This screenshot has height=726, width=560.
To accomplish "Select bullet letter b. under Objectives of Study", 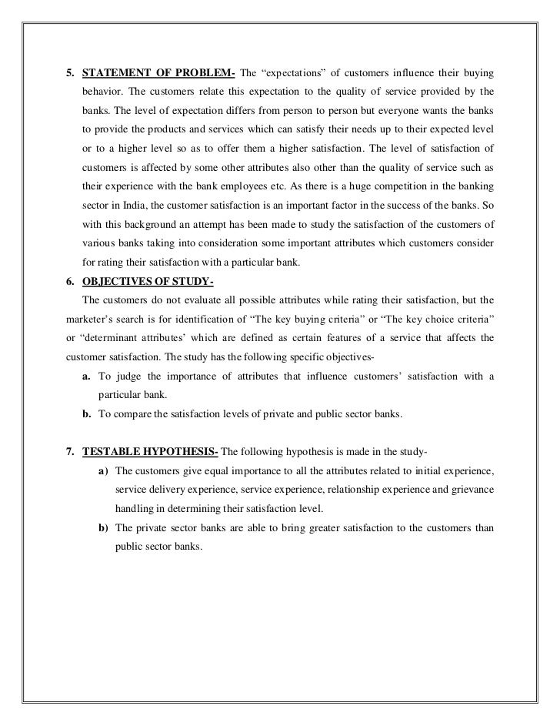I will point(87,414).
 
